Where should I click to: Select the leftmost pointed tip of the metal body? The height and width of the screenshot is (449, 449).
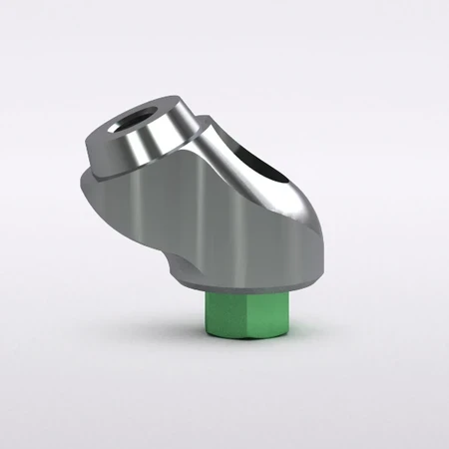[x=79, y=185]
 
